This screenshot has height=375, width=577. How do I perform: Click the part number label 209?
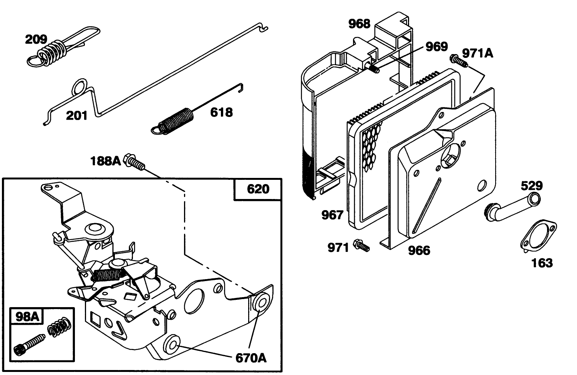pos(36,39)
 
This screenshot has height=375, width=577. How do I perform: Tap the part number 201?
pos(76,115)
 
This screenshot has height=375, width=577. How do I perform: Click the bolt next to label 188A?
pos(134,161)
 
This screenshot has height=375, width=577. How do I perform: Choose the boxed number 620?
pos(258,189)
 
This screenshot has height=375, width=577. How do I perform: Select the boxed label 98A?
pos(27,316)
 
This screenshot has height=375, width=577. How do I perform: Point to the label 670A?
pos(250,358)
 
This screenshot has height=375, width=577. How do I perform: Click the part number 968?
pos(359,24)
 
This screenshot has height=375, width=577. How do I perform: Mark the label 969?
pos(437,46)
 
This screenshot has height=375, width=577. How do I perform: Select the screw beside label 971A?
pos(459,61)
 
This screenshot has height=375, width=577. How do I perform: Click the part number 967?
pos(332,215)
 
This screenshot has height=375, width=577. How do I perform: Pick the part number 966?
pos(419,251)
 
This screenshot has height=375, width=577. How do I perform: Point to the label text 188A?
pos(105,161)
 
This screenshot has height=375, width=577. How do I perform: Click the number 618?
pos(221,112)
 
